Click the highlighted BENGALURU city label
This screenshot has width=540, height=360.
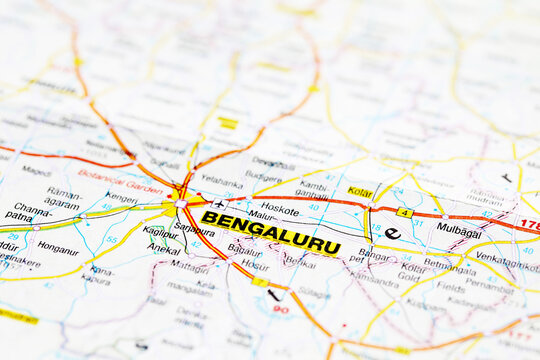tap(270, 232)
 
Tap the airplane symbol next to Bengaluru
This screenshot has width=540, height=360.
tap(219, 204)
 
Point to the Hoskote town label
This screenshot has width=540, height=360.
tap(279, 210)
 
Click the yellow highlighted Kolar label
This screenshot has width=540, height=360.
tap(360, 191)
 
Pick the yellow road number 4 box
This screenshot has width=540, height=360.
tap(404, 212)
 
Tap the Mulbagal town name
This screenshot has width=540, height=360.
tap(458, 229)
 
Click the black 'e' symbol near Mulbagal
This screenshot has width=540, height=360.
tap(392, 233)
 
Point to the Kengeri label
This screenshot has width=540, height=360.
tap(121, 198)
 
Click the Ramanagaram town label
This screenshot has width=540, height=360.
tap(63, 197)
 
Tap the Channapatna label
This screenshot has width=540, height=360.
tap(27, 211)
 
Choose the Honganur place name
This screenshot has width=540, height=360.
tap(57, 249)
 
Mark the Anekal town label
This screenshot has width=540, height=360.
tap(164, 249)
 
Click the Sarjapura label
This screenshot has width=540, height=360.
tap(194, 229)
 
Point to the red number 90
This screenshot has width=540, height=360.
tap(280, 309)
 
